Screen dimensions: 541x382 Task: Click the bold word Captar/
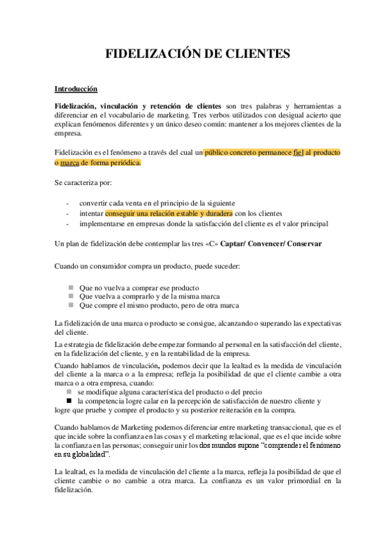237,244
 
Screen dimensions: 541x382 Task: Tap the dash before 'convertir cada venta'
68,203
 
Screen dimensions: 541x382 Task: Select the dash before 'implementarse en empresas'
68,223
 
